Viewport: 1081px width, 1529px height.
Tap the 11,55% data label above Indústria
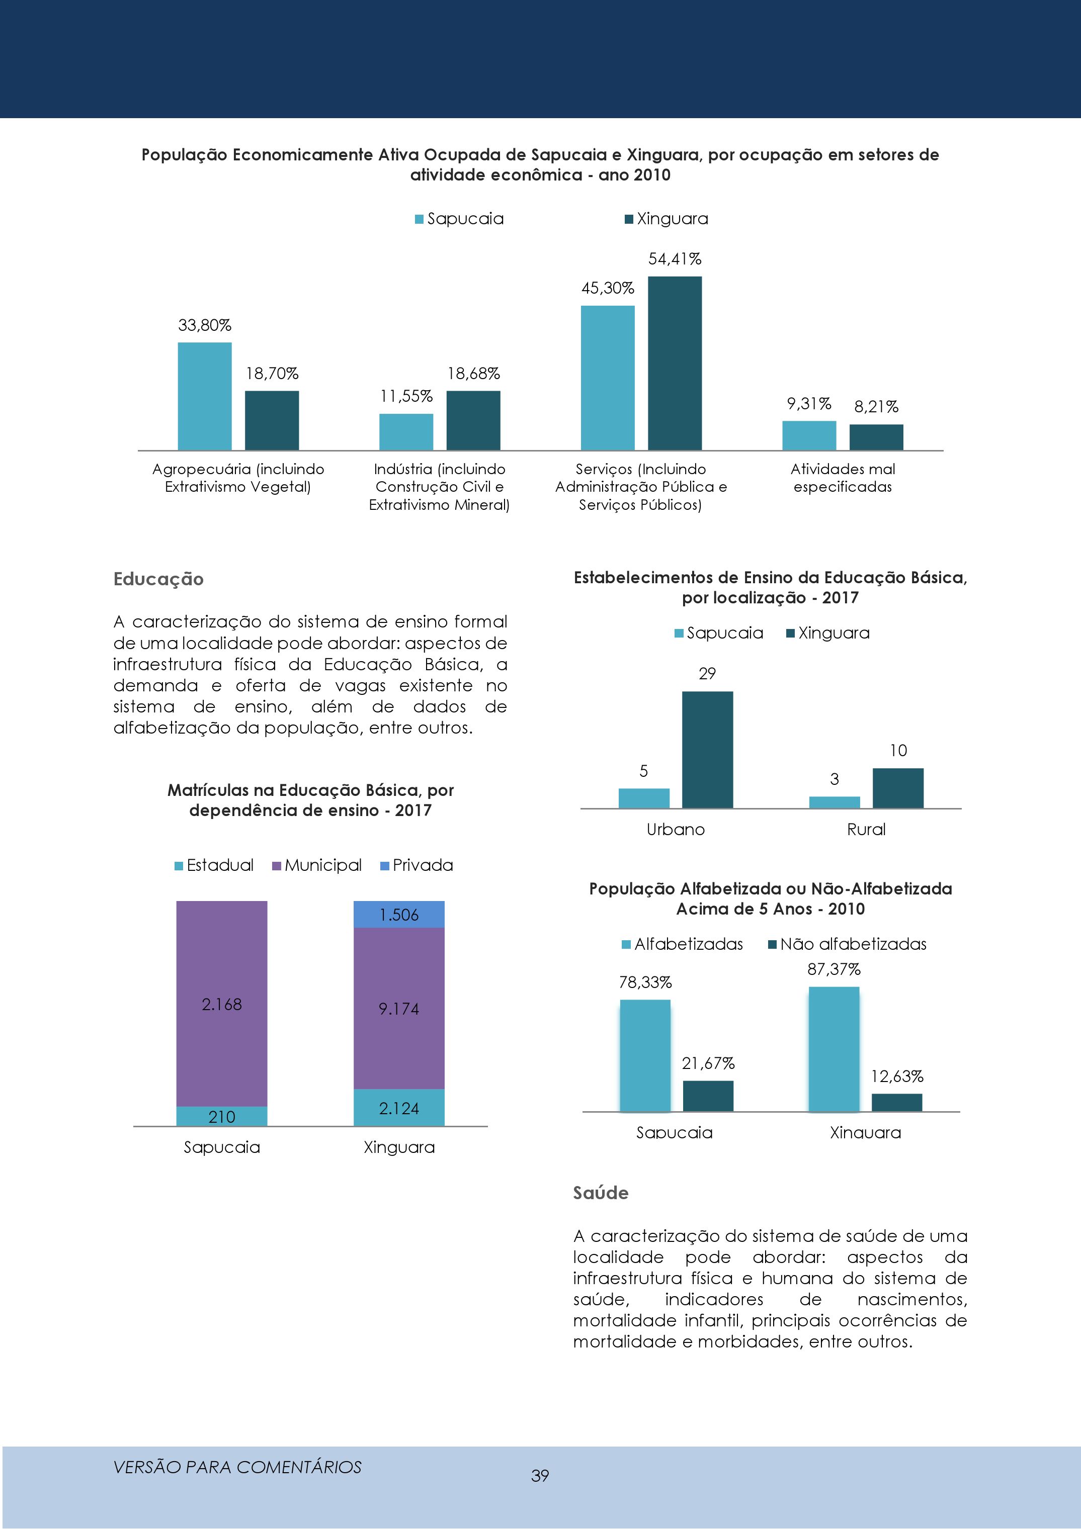(x=406, y=396)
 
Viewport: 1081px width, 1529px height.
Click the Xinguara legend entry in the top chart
(x=666, y=218)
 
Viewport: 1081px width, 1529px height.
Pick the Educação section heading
(x=158, y=579)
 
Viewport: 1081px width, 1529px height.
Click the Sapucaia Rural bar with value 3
(x=835, y=802)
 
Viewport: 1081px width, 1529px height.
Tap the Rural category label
(x=866, y=829)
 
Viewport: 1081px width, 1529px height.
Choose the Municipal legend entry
(x=317, y=865)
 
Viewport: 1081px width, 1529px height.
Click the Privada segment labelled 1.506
(x=399, y=915)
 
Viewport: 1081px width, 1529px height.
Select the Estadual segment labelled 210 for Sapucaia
(x=222, y=1116)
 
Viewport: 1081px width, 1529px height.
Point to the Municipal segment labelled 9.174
(x=399, y=1008)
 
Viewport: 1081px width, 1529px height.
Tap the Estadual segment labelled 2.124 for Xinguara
(x=399, y=1108)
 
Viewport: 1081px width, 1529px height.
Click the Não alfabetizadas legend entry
(x=847, y=944)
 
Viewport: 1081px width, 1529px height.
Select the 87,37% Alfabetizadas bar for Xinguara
(x=834, y=1049)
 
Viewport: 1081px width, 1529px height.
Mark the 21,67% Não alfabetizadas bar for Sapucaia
(x=708, y=1096)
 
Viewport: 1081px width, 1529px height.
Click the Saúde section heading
(x=601, y=1193)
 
